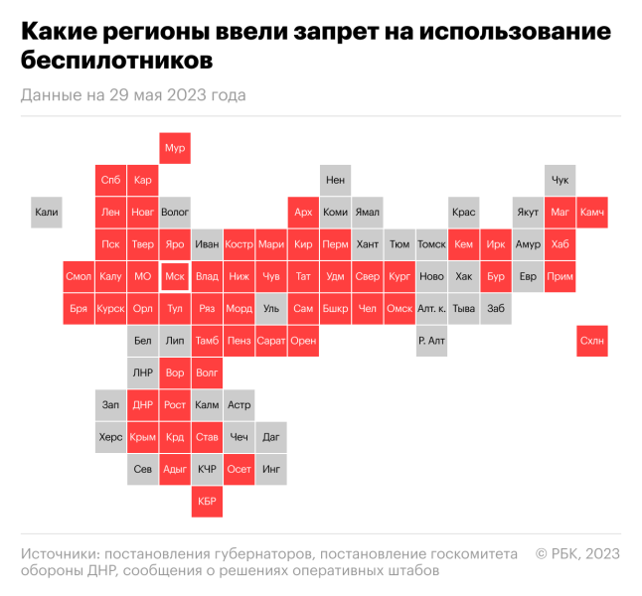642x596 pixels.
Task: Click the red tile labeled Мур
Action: pos(175,148)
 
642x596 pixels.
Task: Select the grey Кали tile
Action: pos(47,212)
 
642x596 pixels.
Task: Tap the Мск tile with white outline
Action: pos(175,276)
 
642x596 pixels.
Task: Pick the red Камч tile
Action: pos(591,212)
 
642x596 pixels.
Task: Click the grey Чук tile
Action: pos(560,180)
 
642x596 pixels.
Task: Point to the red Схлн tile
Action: pos(591,341)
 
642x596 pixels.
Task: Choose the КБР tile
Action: pos(207,502)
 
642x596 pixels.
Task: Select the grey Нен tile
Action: pos(335,180)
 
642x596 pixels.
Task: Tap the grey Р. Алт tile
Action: pos(431,341)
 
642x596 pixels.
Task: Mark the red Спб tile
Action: pos(111,180)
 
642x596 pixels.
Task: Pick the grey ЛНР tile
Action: pos(143,372)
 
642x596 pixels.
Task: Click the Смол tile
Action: pos(79,276)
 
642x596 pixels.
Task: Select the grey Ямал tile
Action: pos(367,212)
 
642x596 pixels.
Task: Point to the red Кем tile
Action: pos(463,244)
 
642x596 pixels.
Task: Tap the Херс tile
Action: pos(111,437)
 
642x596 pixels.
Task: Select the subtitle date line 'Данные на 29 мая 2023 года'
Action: pos(132,95)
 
